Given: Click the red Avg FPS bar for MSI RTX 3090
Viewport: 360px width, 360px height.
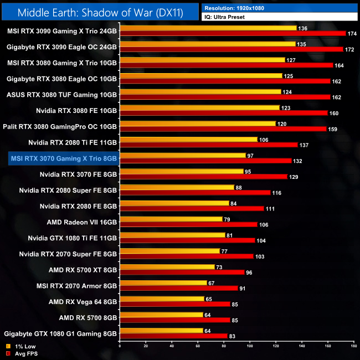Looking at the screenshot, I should [233, 34].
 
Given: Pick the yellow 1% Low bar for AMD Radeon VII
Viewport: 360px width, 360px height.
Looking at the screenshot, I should [171, 219].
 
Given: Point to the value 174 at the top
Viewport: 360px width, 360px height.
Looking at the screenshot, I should [352, 34].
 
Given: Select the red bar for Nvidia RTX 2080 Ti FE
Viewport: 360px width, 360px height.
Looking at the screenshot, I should [208, 145].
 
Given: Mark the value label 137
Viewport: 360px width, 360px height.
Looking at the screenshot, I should [304, 145].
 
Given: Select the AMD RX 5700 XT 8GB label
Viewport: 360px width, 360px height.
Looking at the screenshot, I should [83, 270].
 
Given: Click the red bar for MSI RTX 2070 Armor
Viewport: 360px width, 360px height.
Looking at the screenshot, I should [178, 288].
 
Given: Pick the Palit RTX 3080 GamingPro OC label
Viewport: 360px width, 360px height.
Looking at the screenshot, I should [60, 126].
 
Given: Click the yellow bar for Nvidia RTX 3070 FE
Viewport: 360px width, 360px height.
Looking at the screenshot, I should [181, 171].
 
